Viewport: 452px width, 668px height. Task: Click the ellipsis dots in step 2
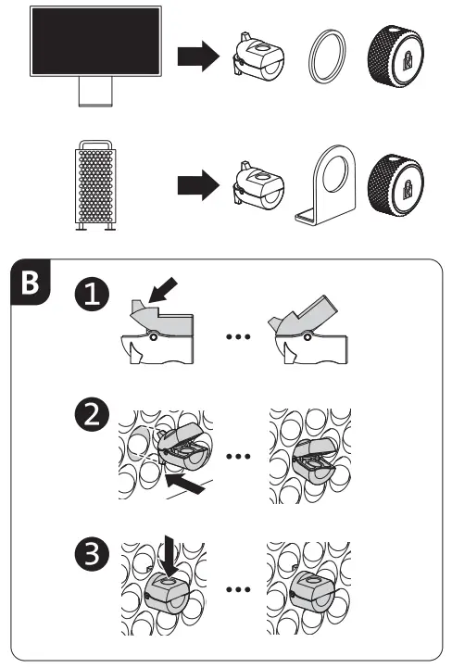pos(239,456)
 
